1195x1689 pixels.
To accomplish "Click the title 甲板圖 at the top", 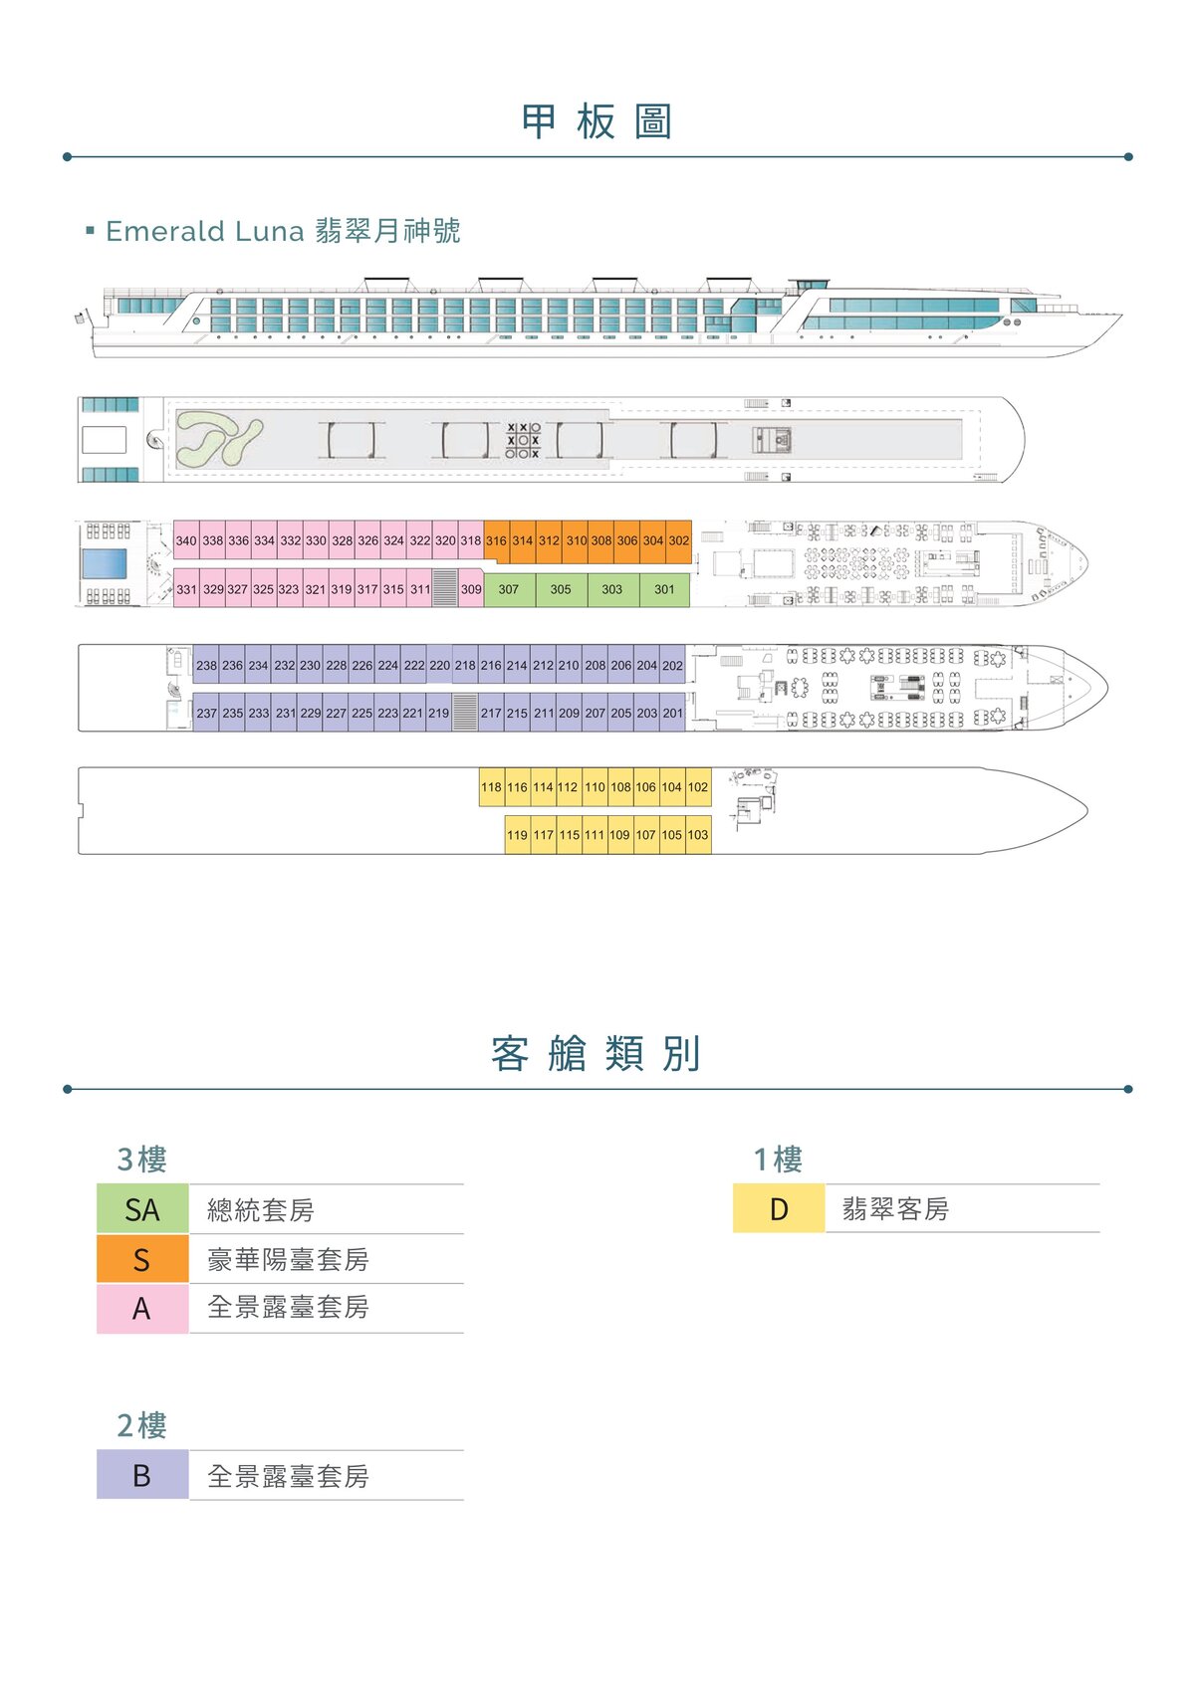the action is [x=597, y=121].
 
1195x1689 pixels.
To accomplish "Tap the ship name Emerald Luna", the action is [x=205, y=231].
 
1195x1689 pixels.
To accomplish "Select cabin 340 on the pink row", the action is [x=186, y=540].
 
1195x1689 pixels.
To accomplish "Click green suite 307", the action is [x=509, y=589].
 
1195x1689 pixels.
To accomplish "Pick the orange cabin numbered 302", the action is [x=679, y=540].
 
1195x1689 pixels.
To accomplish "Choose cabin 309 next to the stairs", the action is [x=471, y=589].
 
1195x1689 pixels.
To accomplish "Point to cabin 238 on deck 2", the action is [x=206, y=665].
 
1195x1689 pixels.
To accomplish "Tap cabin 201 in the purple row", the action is [x=673, y=713].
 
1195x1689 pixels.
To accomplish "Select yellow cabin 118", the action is [x=492, y=787].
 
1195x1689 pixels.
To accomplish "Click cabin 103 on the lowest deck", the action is [x=698, y=835].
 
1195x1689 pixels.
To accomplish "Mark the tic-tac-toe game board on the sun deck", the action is [x=523, y=440].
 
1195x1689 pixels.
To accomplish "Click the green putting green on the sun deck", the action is [x=219, y=440].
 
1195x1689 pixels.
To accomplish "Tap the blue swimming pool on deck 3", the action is [x=105, y=564].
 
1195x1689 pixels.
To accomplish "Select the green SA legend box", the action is [x=142, y=1209].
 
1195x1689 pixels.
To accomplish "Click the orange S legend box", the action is [x=142, y=1258].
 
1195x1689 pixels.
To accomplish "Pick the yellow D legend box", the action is [x=779, y=1208].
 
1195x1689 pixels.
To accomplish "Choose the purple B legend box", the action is [x=142, y=1475].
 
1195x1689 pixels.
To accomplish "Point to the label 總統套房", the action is [x=261, y=1210].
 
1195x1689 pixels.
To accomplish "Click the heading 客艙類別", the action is [x=596, y=1053].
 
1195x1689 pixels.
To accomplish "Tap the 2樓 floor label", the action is [x=141, y=1425].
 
